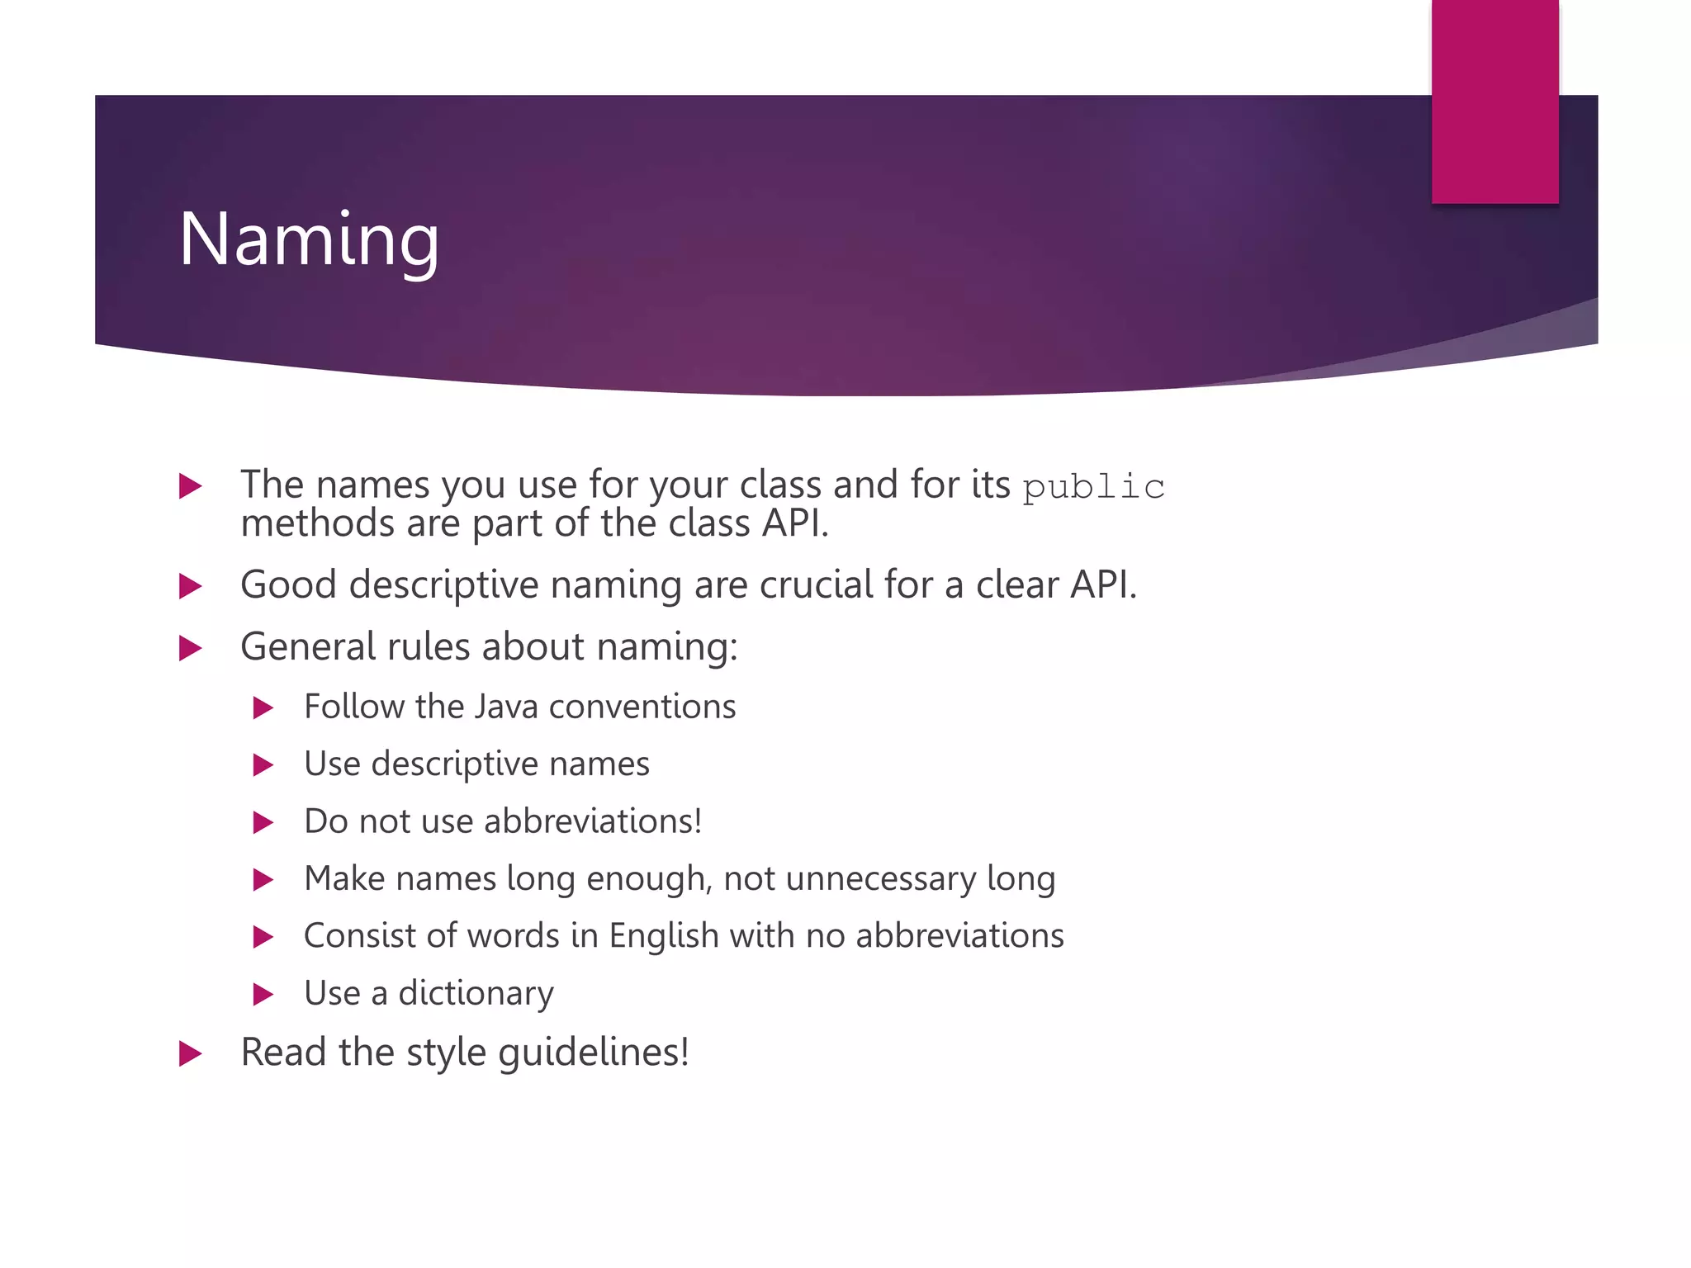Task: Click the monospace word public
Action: click(1093, 487)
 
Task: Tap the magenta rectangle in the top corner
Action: click(1494, 101)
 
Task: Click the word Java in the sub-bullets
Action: click(506, 707)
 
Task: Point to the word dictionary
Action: click(476, 993)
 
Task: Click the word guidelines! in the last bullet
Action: click(594, 1053)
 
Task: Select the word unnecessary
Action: click(881, 878)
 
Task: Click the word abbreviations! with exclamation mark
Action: click(593, 821)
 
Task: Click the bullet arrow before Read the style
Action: click(190, 1053)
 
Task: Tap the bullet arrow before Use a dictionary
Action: click(263, 994)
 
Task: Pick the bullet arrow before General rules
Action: click(190, 648)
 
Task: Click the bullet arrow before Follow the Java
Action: click(263, 707)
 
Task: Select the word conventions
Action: click(642, 707)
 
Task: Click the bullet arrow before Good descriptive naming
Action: click(190, 586)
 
